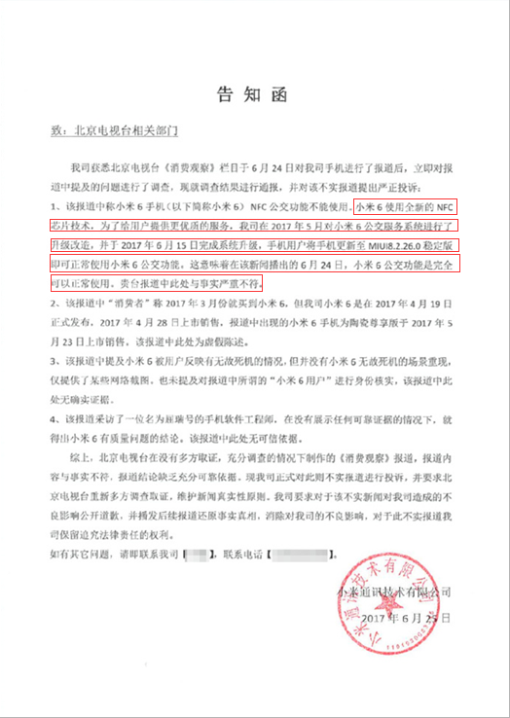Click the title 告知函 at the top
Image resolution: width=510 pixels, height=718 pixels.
(255, 94)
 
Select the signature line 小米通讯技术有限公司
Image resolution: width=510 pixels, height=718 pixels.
(394, 592)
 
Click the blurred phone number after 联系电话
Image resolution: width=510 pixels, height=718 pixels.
(296, 555)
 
